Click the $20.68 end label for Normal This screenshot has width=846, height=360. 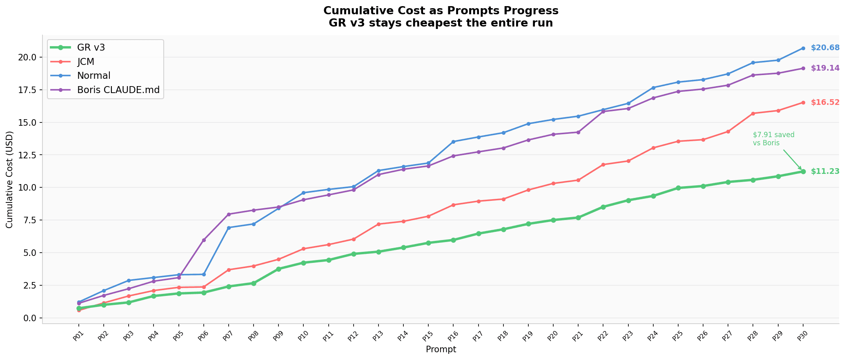825,48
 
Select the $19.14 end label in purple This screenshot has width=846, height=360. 825,68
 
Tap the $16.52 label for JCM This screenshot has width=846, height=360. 825,102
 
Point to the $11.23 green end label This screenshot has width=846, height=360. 825,171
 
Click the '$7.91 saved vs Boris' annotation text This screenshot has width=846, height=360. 773,139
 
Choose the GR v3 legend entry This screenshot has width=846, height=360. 91,47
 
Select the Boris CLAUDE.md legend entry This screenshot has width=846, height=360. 118,90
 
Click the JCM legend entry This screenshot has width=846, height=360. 86,62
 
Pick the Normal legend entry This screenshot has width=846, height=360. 94,76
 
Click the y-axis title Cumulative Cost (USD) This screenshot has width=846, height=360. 10,180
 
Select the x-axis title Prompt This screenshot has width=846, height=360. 441,349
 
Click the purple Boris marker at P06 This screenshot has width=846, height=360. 204,240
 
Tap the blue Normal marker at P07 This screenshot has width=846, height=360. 229,228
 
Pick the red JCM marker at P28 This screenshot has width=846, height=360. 753,113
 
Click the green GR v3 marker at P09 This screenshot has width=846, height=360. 278,269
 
